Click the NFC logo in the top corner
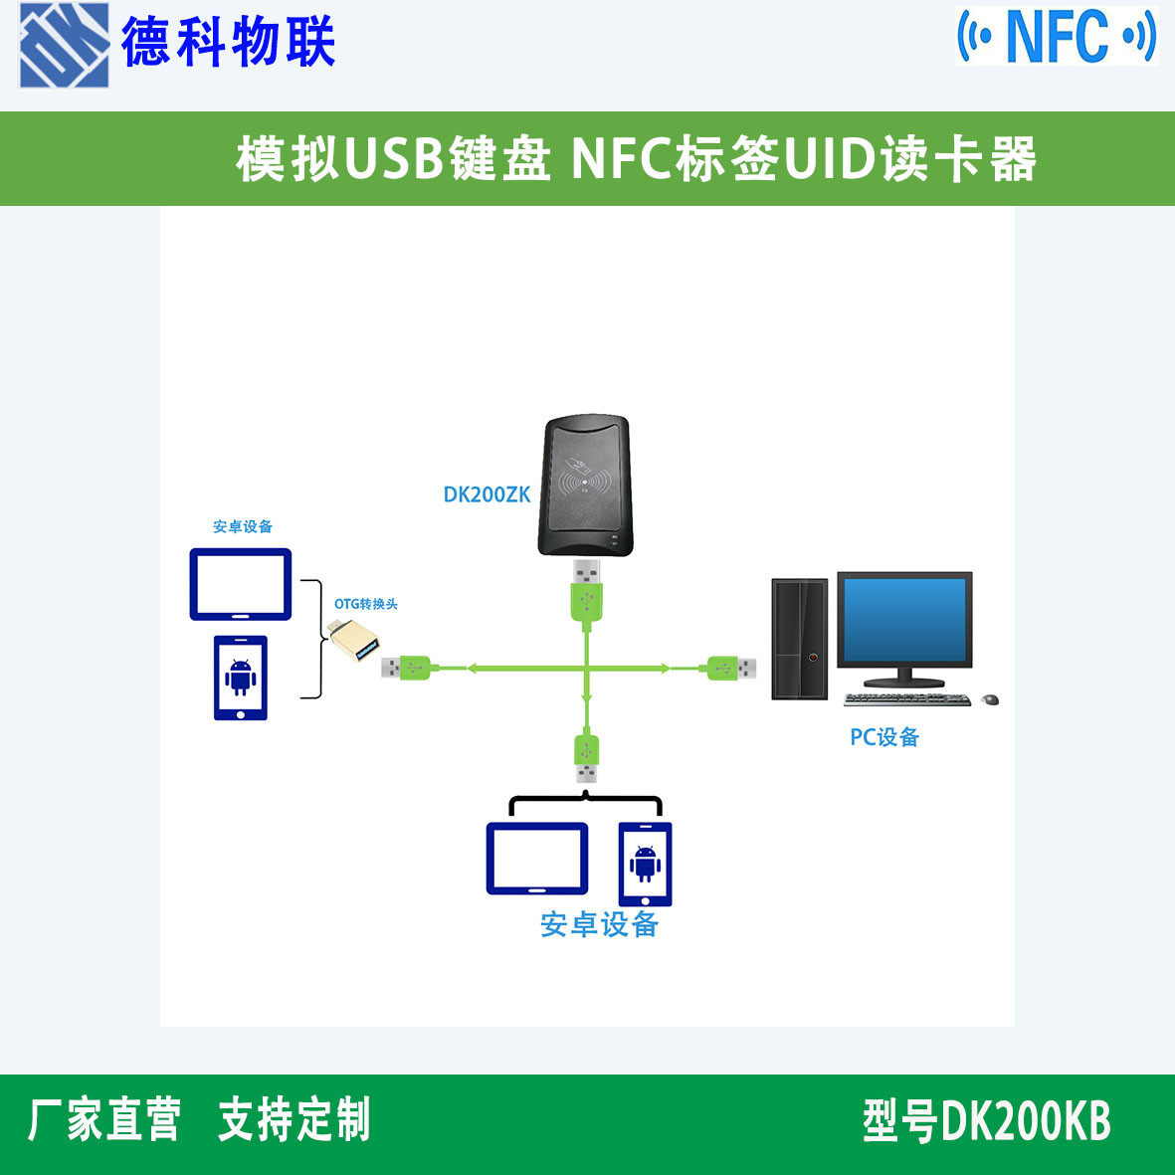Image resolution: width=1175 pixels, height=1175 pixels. (1057, 36)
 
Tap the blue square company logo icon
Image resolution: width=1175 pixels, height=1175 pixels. (65, 45)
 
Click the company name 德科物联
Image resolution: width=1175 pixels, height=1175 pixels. (228, 43)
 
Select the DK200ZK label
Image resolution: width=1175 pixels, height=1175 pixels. (487, 494)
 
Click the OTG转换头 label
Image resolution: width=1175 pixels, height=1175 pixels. (365, 604)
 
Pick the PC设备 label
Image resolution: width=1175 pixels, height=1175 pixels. (883, 737)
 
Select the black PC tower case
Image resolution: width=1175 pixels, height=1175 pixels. (800, 640)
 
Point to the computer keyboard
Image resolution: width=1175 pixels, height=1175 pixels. (906, 699)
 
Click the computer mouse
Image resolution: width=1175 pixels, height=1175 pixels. (989, 699)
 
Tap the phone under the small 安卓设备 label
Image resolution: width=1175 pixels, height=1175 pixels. (241, 678)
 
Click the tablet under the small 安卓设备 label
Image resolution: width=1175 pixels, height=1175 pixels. (241, 584)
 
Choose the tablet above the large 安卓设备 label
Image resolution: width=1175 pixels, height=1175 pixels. (536, 859)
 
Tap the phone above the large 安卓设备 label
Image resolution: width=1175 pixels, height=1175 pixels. (645, 864)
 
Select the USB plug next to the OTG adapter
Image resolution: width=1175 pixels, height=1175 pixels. (406, 668)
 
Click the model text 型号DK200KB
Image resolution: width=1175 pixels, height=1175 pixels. (985, 1121)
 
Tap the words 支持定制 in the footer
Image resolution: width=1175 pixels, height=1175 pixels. (294, 1120)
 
